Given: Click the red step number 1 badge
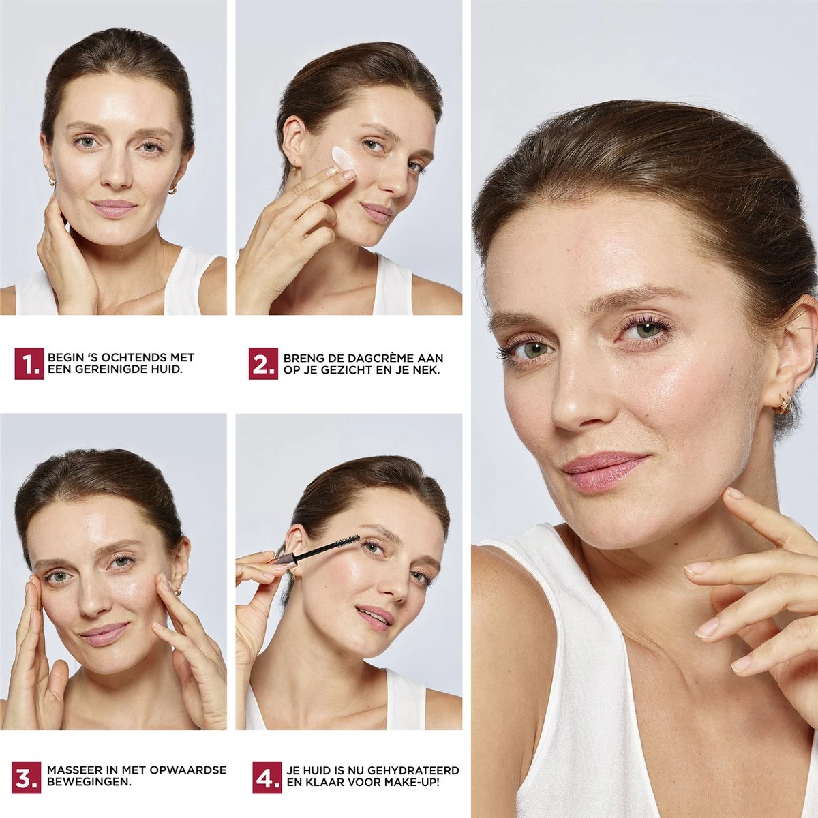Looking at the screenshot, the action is pos(29,363).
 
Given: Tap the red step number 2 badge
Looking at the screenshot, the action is pos(263,363).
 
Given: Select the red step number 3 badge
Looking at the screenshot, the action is pos(27,623).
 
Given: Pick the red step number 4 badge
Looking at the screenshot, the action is pos(267,623).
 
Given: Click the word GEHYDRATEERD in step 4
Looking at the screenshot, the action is pos(412,616).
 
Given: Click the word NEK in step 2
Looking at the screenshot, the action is pos(427,370).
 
